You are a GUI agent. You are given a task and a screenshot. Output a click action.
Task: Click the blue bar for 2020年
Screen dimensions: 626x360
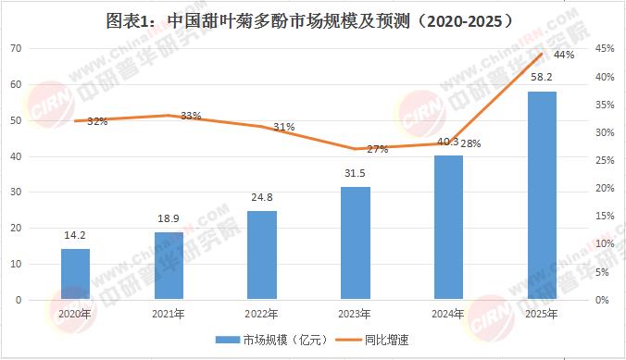(x=75, y=274)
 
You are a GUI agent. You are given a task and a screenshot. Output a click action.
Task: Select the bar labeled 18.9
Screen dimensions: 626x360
(x=169, y=266)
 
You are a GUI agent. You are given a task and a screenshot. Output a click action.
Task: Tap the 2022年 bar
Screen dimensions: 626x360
(x=262, y=255)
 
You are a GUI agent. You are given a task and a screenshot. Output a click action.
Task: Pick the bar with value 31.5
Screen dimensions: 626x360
(x=356, y=242)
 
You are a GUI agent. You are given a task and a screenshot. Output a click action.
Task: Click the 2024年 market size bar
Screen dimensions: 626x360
(x=449, y=227)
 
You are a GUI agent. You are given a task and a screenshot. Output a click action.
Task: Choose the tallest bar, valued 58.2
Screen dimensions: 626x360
(x=542, y=195)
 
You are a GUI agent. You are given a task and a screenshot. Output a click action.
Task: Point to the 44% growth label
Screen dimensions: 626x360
(x=564, y=55)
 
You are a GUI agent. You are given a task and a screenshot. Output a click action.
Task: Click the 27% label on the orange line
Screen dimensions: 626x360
(x=378, y=149)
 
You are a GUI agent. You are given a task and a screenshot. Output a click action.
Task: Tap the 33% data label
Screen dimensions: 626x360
(x=191, y=116)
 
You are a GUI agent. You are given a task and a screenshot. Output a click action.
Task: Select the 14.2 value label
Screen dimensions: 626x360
(x=75, y=235)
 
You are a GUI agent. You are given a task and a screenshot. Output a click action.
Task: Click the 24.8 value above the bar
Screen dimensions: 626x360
(x=262, y=197)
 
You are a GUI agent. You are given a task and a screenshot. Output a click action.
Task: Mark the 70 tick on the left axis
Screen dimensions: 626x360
(x=17, y=48)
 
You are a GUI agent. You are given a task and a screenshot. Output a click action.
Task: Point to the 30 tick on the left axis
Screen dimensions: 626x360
(x=17, y=192)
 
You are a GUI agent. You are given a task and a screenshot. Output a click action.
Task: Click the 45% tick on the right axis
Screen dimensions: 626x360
(x=605, y=48)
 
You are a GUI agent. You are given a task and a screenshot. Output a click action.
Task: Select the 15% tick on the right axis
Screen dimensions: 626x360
(x=605, y=216)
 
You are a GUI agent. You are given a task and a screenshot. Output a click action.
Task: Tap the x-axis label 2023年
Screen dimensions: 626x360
(x=355, y=314)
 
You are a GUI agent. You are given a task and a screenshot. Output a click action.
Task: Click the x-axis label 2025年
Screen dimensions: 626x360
(x=542, y=314)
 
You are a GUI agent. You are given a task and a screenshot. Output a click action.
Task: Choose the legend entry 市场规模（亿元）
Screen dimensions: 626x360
(x=272, y=340)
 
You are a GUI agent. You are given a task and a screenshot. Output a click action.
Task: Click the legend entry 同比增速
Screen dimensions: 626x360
(x=372, y=340)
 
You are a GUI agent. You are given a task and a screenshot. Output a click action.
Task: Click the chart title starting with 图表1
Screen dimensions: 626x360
(x=309, y=21)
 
